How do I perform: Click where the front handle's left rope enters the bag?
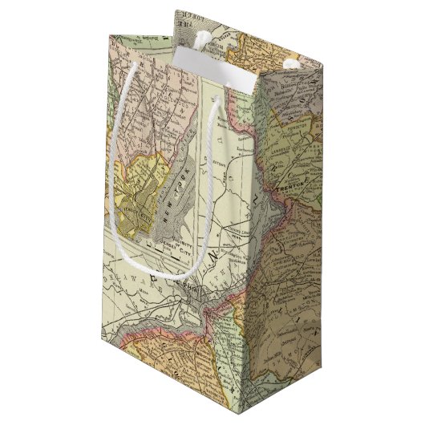[x=132, y=64]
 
